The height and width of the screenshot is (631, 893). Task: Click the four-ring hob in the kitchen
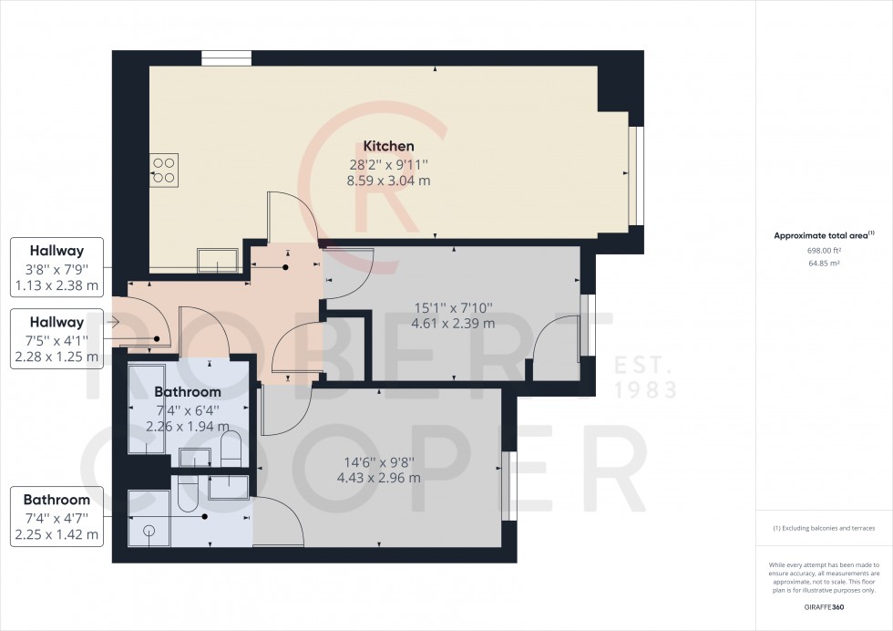164,171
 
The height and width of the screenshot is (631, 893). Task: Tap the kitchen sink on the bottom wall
219,260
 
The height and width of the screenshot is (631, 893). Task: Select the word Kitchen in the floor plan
389,146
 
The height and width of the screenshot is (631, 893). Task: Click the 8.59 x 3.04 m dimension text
389,181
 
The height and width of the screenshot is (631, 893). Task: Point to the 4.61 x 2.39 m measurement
453,323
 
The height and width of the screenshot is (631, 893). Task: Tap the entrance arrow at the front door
113,322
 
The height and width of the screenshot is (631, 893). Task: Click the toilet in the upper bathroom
231,448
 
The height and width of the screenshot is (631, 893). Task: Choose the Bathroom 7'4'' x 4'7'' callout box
56,517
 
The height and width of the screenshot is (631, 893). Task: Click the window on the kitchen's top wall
220,59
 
